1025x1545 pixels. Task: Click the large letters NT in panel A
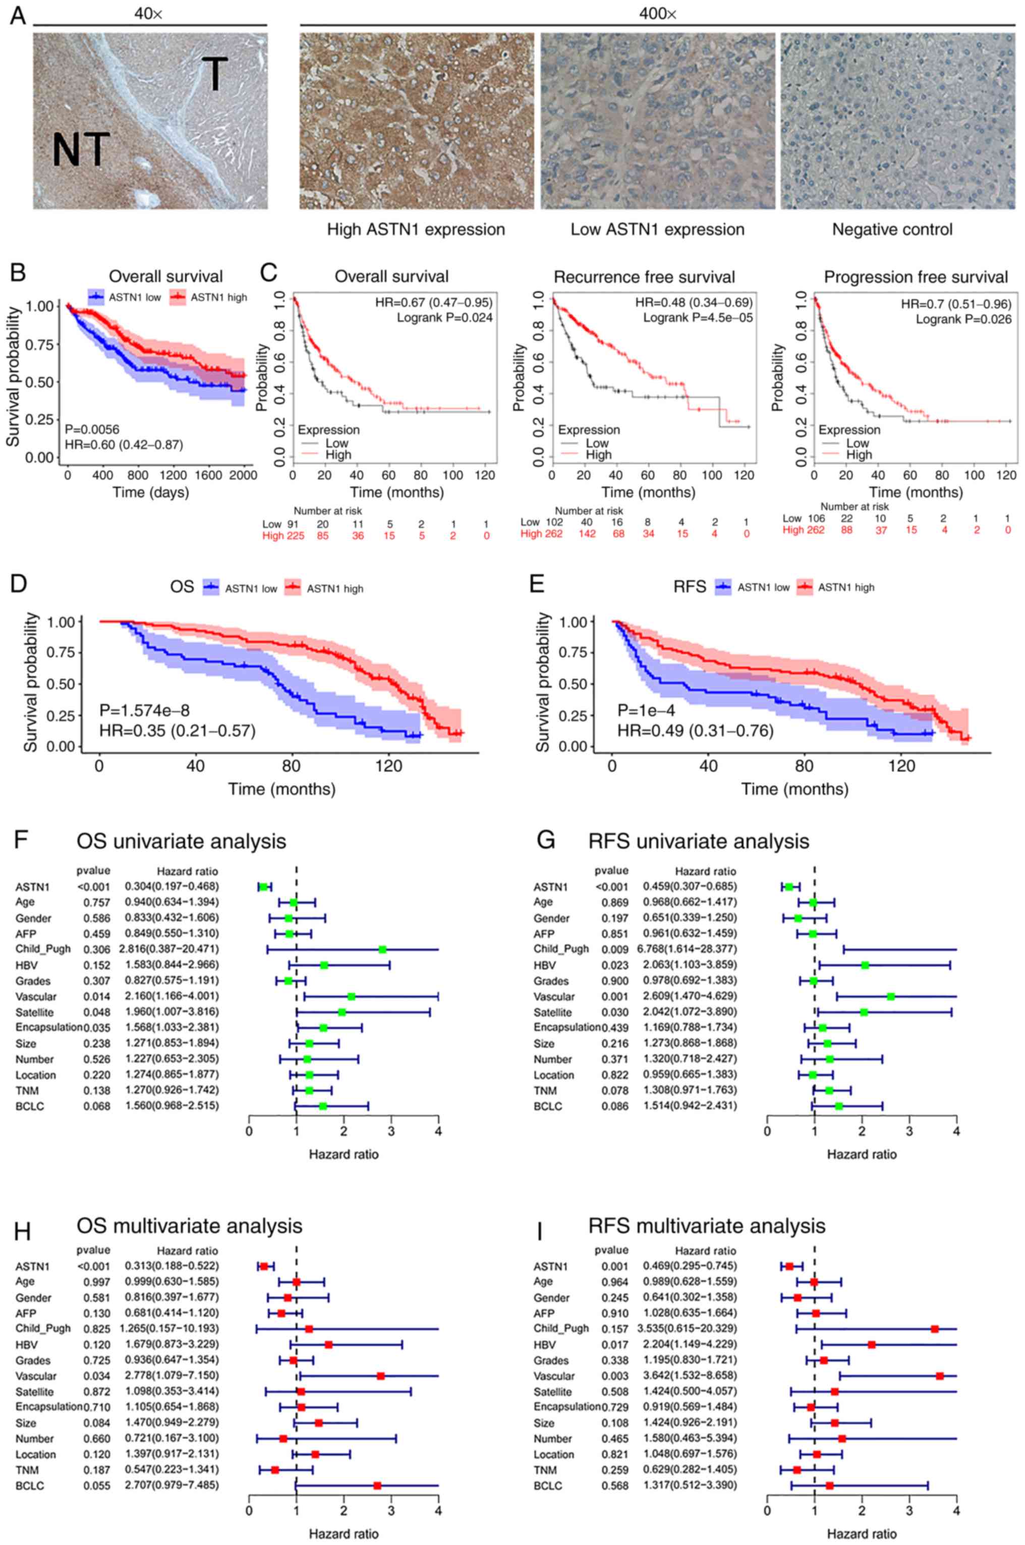(x=80, y=148)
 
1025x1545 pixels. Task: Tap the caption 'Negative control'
(x=892, y=230)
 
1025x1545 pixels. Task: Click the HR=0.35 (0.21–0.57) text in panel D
(x=177, y=730)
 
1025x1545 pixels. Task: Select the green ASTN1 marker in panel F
(x=263, y=887)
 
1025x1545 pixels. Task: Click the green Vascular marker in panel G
(x=890, y=997)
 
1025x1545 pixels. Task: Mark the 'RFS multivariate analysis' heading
(x=707, y=1225)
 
